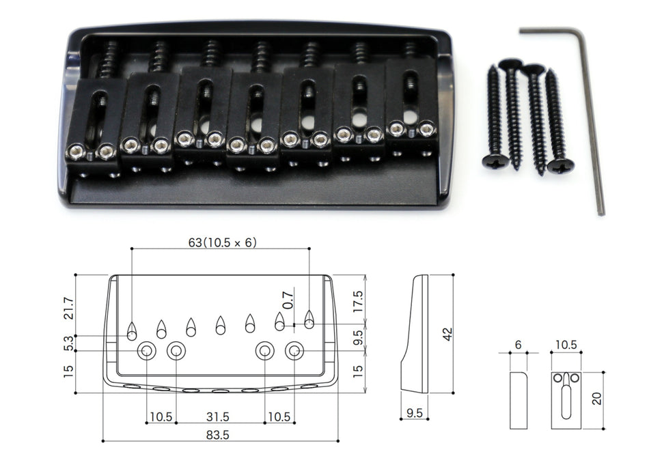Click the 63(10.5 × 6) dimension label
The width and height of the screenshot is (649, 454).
pos(222,242)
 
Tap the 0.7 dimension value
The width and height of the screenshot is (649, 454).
pos(288,298)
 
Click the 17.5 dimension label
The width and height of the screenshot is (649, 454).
pos(357,300)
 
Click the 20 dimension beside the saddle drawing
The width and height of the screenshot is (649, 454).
pos(597,398)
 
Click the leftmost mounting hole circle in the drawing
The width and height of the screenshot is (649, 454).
pos(146,352)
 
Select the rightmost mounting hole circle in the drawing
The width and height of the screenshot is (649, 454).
pos(295,352)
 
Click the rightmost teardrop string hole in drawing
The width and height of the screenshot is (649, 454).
pos(309,319)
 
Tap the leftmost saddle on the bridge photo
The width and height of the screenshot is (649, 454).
pos(93,126)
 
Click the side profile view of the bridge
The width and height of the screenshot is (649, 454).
pos(415,335)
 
